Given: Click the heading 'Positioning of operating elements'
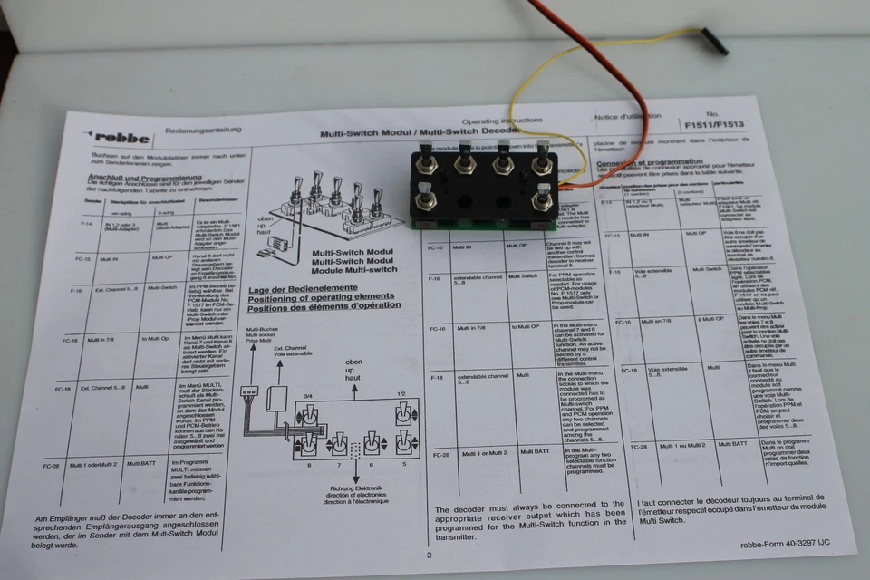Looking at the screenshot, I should [324, 298].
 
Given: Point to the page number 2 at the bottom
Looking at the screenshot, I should [429, 556].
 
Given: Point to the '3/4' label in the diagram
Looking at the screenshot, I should [307, 395].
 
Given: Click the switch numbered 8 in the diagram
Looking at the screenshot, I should [308, 444].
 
